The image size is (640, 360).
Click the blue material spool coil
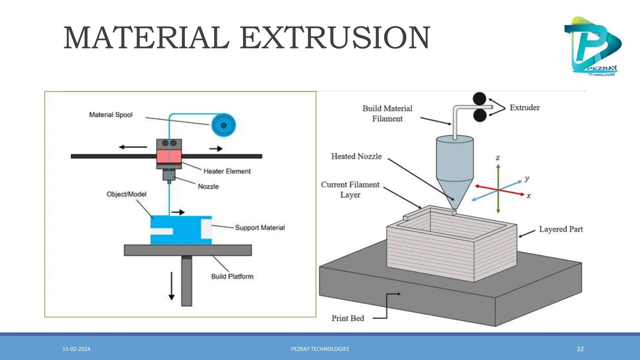coord(223,125)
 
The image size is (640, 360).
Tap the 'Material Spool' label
coord(111,115)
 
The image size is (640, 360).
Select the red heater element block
coord(169,156)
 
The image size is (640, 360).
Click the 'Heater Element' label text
coord(227,171)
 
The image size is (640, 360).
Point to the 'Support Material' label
coord(260,227)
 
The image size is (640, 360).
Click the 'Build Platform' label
coord(232,276)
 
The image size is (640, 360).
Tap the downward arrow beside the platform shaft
coord(172,286)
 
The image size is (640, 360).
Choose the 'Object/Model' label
coord(126,194)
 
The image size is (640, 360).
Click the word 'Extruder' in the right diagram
coord(524,107)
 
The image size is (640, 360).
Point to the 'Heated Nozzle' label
coord(356,156)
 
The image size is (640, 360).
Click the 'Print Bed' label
coord(348,318)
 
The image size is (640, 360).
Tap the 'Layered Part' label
coord(561,229)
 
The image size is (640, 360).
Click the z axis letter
coord(498,158)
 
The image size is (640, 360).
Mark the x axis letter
coord(528,196)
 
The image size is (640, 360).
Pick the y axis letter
coord(527,178)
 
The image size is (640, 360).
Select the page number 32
coord(580,349)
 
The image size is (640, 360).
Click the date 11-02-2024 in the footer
coord(76,349)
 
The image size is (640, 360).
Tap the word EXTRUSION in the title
coord(335,38)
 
